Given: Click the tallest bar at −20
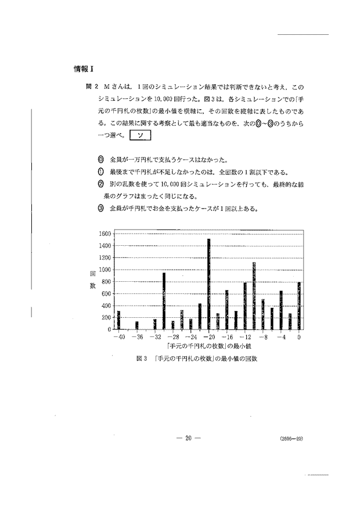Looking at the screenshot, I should [208, 284].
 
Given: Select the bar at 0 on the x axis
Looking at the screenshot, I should [299, 306].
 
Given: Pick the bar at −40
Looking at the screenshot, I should [118, 320].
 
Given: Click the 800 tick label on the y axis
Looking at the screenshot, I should [106, 282].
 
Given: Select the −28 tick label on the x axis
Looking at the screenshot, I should [173, 336].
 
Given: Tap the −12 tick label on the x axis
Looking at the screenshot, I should [245, 336].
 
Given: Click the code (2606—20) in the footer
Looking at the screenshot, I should [290, 439].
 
